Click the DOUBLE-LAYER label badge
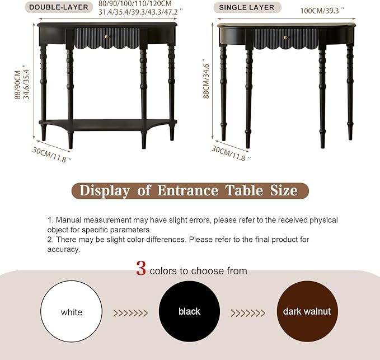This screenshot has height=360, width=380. click(x=59, y=7)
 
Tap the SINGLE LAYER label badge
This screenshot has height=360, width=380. click(x=247, y=7)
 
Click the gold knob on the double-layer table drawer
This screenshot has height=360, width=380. click(x=106, y=37)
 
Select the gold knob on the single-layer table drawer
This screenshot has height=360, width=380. click(x=286, y=38)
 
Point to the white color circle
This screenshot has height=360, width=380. click(x=71, y=311)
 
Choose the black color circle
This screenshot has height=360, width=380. click(x=190, y=311)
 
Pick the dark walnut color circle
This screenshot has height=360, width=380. click(x=307, y=311)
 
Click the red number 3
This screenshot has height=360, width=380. click(x=141, y=268)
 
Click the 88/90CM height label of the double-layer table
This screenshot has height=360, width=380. click(x=18, y=85)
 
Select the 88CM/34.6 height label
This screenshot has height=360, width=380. click(x=206, y=79)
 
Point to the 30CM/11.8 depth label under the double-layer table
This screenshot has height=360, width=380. click(x=52, y=155)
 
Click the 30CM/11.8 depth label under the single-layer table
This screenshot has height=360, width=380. click(x=231, y=153)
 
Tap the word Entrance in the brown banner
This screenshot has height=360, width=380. click(x=188, y=190)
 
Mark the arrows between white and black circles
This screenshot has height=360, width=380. click(x=130, y=313)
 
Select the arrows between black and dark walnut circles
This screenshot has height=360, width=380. click(x=248, y=313)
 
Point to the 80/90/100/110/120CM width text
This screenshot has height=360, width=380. click(x=135, y=4)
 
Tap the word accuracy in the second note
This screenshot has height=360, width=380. click(x=64, y=250)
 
